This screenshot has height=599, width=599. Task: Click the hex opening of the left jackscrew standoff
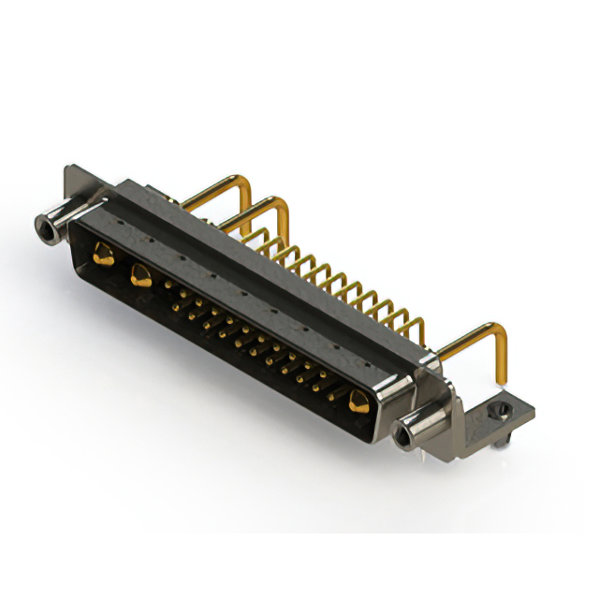[x=43, y=226]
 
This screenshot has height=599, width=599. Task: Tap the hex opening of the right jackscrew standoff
[x=404, y=434]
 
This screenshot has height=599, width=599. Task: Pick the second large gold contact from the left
[x=141, y=275]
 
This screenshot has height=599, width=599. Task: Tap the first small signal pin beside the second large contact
[x=169, y=280]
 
